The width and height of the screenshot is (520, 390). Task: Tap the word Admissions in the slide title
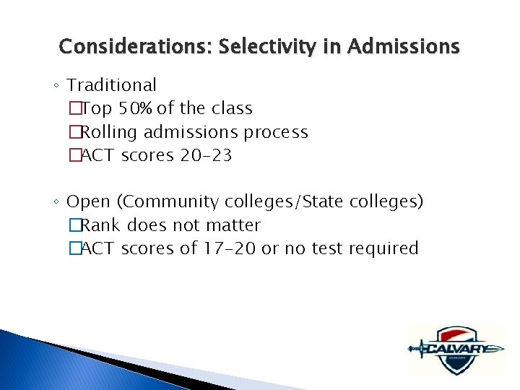point(403,47)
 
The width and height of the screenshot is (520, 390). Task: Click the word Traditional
point(112,85)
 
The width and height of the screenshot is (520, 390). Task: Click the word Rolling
point(110,132)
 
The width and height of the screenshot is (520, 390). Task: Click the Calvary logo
point(454,350)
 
